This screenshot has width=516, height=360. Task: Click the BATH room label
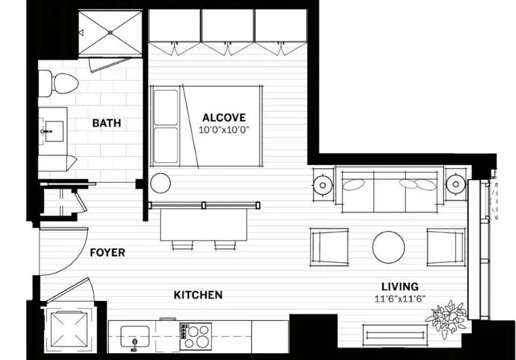[107, 123]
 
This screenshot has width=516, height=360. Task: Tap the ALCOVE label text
[224, 117]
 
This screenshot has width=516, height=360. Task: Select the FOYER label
[107, 253]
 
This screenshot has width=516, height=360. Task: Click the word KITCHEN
[198, 295]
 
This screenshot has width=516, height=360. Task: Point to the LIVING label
[399, 286]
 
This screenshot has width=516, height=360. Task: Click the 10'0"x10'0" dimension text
[224, 130]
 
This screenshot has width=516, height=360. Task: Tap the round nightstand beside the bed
[160, 182]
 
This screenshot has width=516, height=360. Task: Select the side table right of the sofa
[457, 184]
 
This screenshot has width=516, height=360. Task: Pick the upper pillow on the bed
[166, 107]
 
